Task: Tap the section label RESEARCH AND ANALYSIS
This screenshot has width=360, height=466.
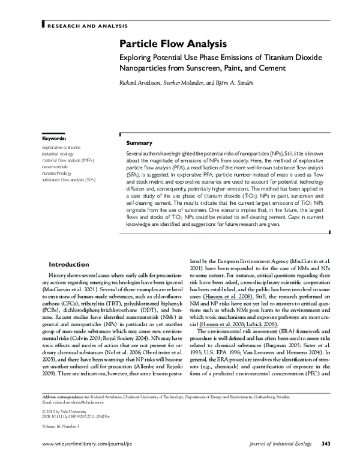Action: click(87, 26)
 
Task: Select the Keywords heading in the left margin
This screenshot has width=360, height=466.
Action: click(54, 139)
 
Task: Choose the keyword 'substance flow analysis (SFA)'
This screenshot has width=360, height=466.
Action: click(68, 180)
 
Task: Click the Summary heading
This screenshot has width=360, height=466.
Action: click(139, 144)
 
